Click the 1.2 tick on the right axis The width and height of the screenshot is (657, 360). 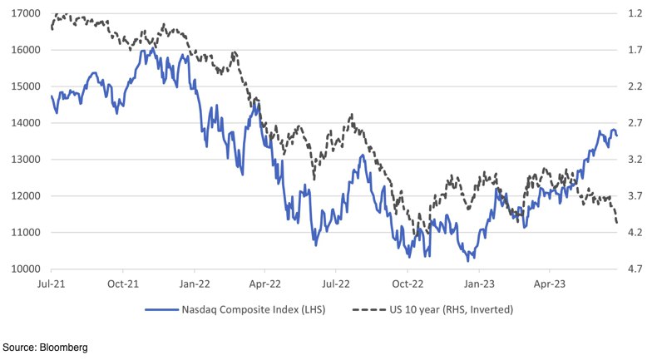coord(637,13)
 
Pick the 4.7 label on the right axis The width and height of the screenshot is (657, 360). coord(637,269)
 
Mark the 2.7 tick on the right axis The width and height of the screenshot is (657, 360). coord(637,123)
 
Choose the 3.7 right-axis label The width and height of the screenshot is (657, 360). coord(637,196)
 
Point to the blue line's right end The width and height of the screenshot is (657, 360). coord(616,136)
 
